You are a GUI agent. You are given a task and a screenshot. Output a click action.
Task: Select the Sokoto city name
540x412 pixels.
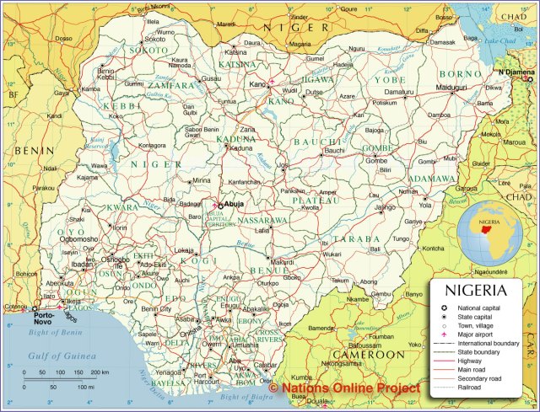coord(155,39)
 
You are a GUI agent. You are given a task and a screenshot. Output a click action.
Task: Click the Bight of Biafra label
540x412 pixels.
coord(247,396)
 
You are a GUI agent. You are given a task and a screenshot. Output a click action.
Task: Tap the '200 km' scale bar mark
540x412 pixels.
coord(100,372)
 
